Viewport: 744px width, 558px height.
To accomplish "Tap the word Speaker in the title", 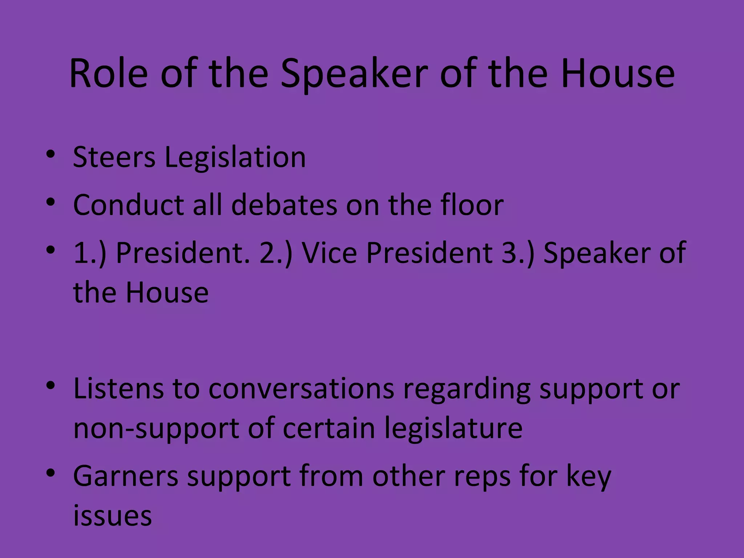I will tap(356, 74).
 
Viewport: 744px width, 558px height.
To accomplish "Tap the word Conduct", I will tap(129, 205).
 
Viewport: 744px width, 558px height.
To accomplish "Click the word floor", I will tap(472, 205).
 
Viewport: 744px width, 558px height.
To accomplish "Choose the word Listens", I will tap(118, 388).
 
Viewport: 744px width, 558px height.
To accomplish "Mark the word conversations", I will tap(301, 388).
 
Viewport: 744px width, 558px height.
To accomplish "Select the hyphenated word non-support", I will tap(157, 429).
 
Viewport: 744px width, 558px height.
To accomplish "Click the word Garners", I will tap(126, 476).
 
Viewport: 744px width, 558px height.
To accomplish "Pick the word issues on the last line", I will tap(112, 515).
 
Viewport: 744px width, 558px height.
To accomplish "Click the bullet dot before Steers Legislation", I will tap(50, 154).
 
